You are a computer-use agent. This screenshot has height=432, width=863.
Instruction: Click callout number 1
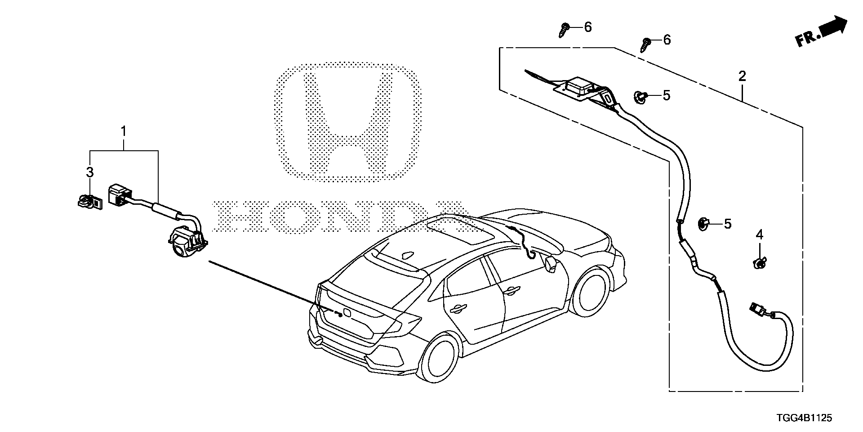(x=123, y=119)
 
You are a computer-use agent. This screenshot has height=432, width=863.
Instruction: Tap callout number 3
(x=90, y=172)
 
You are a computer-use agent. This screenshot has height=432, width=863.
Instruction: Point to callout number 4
(x=759, y=234)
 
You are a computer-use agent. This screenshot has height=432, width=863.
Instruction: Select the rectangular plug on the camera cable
(x=119, y=195)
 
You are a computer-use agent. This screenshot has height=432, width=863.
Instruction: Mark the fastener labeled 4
(x=759, y=263)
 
